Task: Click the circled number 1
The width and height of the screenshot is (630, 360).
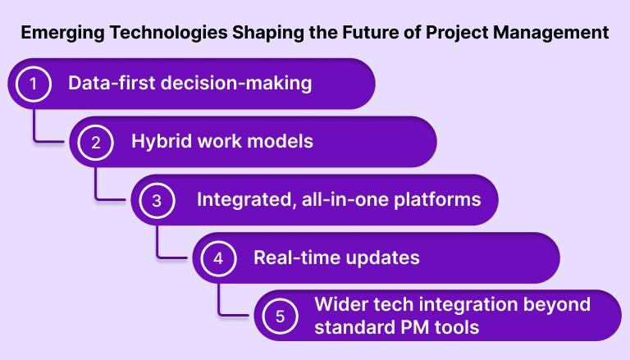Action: coord(34,84)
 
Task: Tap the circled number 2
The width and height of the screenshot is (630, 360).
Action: coord(96,142)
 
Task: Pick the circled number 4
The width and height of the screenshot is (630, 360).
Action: coord(218,258)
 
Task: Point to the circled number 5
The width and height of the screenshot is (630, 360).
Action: coord(280,316)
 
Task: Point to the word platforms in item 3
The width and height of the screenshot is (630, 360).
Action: coord(442,199)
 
